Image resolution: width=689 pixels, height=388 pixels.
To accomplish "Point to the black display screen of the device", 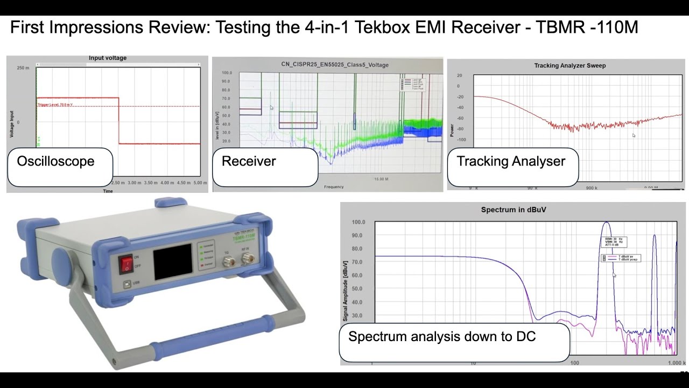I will pos(173,261).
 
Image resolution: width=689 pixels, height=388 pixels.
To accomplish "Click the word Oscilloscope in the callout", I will pos(55,161).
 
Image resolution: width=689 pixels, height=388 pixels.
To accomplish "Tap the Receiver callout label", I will pos(249,161).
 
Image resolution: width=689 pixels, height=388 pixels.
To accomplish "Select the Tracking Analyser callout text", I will pos(511,161).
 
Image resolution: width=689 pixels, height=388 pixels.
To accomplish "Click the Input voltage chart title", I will pos(108,58).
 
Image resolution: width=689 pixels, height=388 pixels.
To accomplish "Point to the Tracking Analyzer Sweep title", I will pos(570,66).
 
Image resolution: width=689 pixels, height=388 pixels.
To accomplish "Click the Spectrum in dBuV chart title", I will pos(514,210).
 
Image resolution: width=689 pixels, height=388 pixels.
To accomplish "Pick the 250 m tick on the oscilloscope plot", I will pos(23,68).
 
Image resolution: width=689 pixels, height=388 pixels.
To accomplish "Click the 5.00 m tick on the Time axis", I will pos(200,183).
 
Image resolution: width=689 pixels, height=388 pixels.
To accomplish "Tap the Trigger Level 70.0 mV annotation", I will pos(55,105).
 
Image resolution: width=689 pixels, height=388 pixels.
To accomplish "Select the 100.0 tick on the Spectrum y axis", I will pos(358,222).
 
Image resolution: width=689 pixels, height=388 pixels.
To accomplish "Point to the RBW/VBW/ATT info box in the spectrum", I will pos(614,241).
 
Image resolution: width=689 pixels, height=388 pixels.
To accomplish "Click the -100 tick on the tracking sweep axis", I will pos(461,140).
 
